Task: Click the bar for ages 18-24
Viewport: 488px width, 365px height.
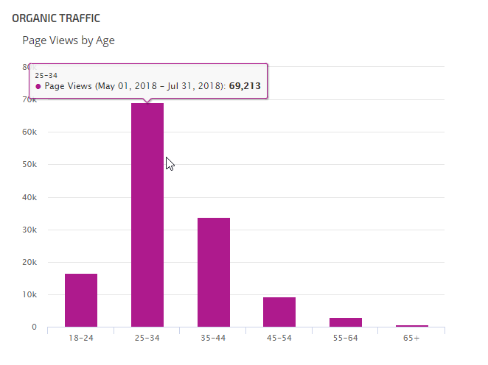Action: (81, 300)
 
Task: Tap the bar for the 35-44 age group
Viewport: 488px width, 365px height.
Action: (214, 272)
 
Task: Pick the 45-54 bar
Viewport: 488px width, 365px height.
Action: (279, 312)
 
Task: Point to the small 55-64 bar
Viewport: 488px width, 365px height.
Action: (346, 322)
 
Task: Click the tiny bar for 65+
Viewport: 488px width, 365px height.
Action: (412, 325)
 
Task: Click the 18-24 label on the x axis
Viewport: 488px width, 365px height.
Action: (81, 338)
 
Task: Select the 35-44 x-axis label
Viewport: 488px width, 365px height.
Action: (214, 338)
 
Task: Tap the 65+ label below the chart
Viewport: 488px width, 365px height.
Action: (412, 338)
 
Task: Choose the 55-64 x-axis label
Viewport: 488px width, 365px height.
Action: (346, 338)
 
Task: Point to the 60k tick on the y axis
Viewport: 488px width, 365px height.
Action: (30, 132)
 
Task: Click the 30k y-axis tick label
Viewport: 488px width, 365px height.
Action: (30, 230)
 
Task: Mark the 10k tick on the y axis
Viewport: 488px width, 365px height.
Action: (30, 294)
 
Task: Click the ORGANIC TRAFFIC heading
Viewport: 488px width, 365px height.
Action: (56, 18)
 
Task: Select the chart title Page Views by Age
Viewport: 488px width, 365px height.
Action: (69, 40)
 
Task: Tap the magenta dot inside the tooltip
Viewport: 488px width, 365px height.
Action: (38, 86)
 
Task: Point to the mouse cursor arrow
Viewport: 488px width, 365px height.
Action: (169, 163)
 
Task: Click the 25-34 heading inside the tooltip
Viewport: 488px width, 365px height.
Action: (46, 74)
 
